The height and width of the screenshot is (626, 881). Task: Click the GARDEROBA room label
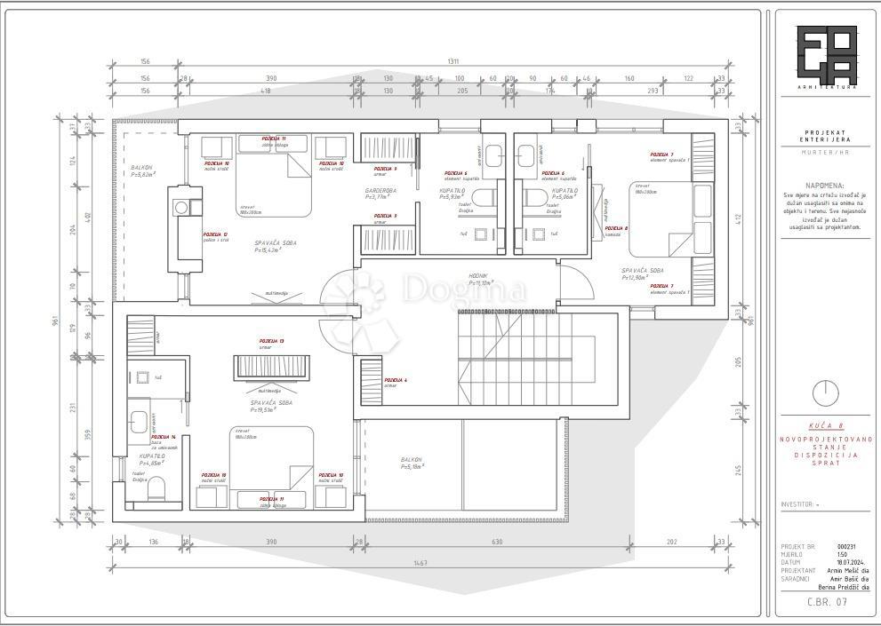point(380,192)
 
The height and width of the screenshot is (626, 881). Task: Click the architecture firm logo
point(826,56)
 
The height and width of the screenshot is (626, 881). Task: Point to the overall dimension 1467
point(420,563)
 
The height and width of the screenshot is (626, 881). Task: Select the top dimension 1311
point(453,61)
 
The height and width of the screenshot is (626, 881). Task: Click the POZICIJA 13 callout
point(271,342)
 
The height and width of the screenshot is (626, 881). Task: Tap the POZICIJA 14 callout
point(163,437)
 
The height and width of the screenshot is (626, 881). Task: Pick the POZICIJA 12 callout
point(215,234)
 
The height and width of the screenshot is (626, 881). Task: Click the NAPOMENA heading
point(826,186)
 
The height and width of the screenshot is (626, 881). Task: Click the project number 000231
point(848,546)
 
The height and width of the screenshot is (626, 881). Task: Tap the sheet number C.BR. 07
point(826,602)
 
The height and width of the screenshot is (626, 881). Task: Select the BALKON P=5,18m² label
point(412,462)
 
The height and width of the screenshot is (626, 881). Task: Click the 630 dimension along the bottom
point(497,542)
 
